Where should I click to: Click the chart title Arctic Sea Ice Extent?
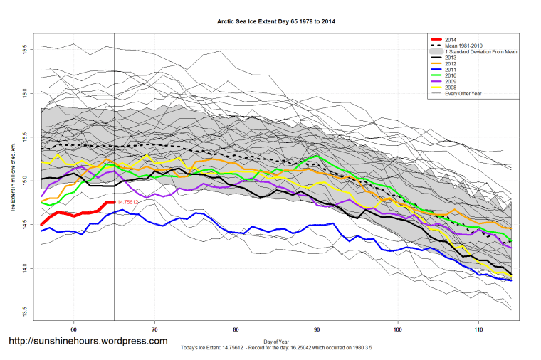click(x=276, y=22)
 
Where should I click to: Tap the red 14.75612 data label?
click(x=128, y=203)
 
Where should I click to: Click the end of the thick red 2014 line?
click(x=114, y=202)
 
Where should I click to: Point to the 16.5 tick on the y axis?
click(x=25, y=50)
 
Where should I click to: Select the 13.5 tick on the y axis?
click(x=25, y=312)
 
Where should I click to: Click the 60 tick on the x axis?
click(x=74, y=329)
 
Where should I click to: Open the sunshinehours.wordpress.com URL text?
click(x=88, y=341)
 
